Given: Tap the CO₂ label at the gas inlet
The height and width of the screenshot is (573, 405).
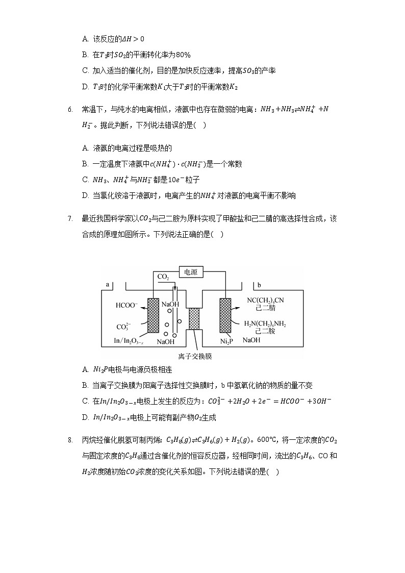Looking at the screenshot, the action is point(163,277).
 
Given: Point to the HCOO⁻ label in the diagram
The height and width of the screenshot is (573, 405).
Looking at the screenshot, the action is point(126,305).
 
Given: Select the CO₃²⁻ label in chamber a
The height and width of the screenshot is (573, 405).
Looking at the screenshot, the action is point(124,326).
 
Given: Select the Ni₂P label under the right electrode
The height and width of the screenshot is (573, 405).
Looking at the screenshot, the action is point(226,341).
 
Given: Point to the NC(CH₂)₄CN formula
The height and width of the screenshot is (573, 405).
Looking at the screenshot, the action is point(265,300).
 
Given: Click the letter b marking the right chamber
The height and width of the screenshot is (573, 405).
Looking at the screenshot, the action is point(260,284).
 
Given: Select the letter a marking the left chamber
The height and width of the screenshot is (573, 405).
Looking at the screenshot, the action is point(108,284).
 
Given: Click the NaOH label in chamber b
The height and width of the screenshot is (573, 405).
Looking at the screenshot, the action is point(251,340).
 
